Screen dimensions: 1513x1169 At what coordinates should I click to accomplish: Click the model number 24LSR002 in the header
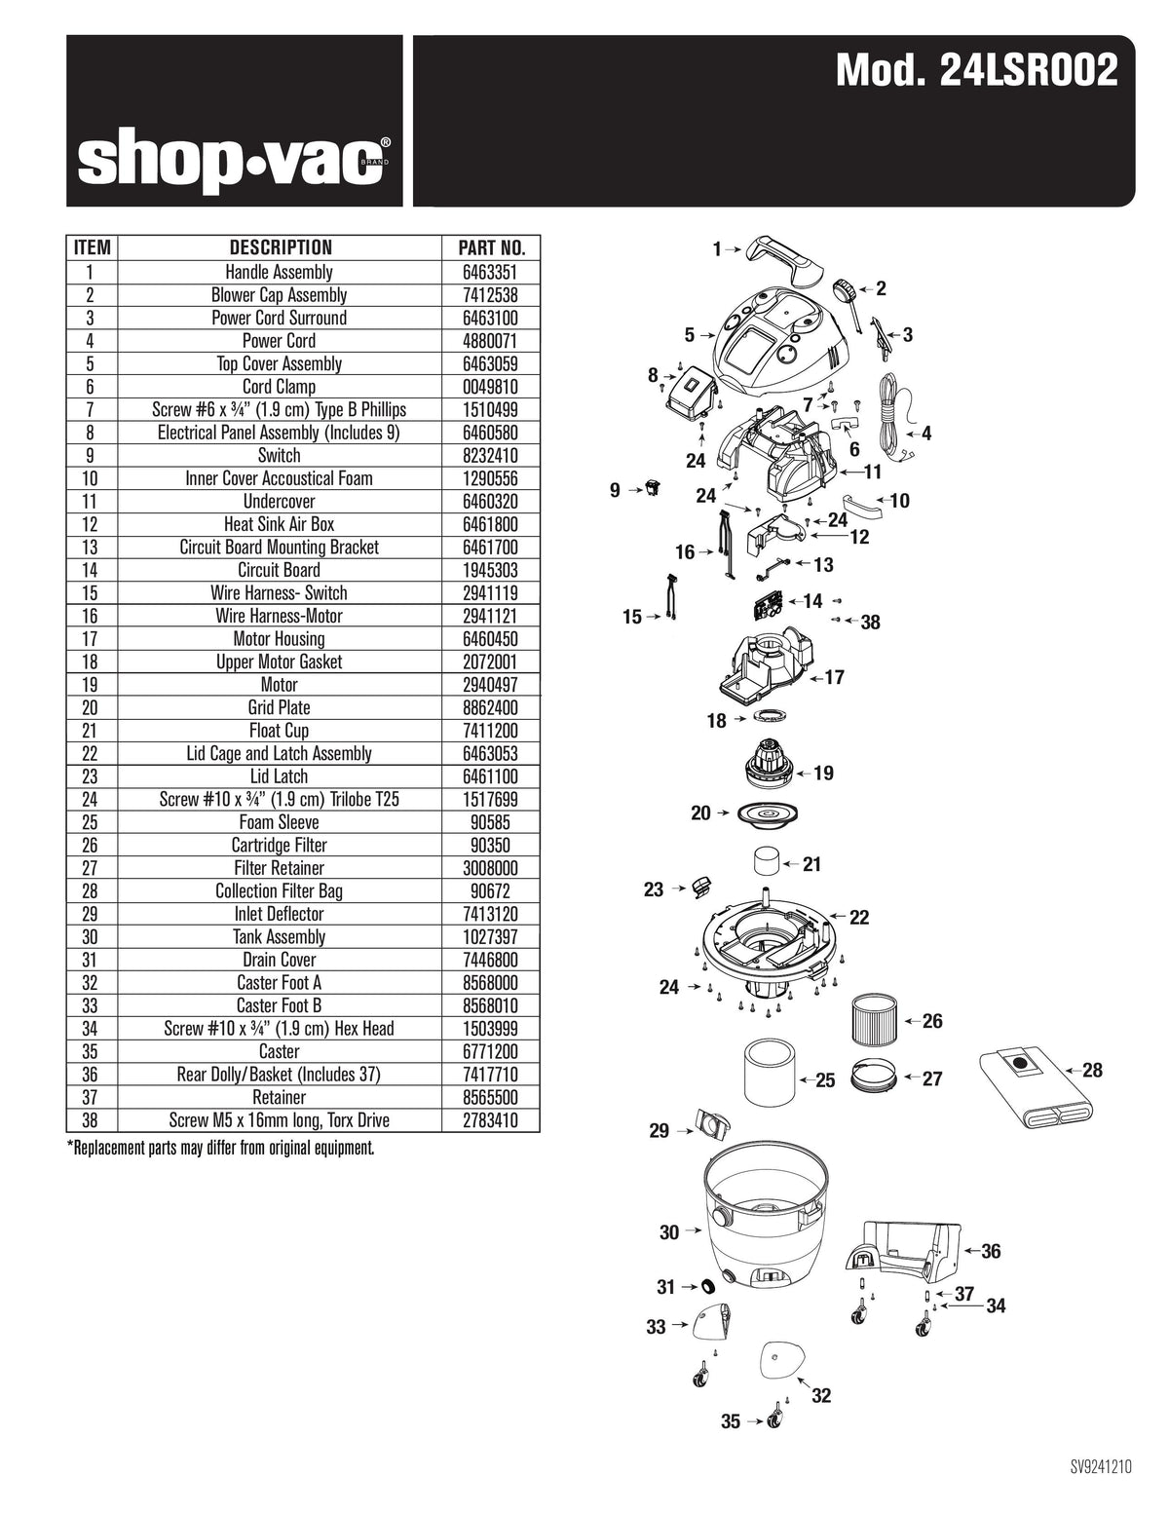tap(977, 71)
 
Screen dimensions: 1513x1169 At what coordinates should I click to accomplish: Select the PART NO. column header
tap(491, 247)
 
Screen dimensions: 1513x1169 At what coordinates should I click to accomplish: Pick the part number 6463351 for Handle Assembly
tap(491, 272)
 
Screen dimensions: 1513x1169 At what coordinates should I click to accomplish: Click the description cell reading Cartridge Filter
tap(279, 845)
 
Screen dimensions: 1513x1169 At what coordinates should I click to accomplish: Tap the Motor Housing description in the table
tap(279, 639)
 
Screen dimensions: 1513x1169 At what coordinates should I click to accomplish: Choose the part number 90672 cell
tap(491, 890)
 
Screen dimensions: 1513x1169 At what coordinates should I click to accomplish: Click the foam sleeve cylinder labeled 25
tap(768, 1074)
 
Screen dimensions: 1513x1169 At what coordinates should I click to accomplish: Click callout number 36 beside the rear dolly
tap(990, 1251)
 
